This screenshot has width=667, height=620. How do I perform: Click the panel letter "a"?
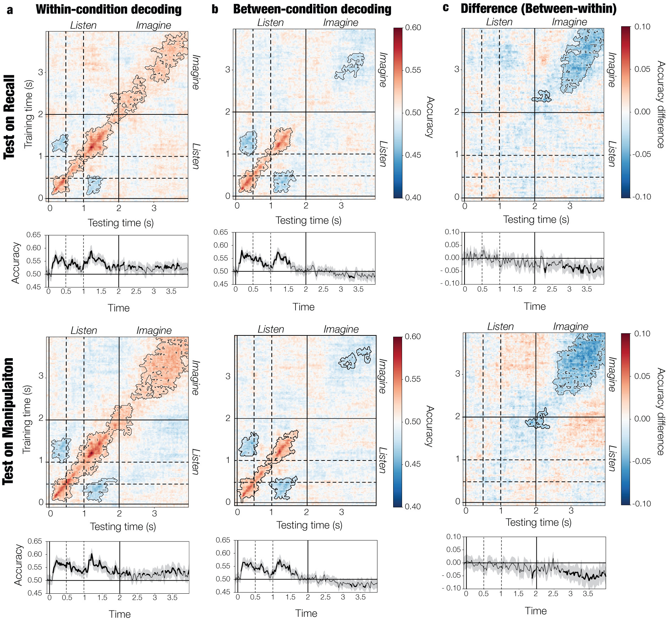click(x=10, y=10)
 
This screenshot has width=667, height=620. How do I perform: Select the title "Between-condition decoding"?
click(x=312, y=9)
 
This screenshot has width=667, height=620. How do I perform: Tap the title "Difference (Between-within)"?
click(x=538, y=9)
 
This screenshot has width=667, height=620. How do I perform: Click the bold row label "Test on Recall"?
click(x=10, y=117)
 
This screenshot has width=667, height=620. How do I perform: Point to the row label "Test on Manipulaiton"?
click(x=9, y=421)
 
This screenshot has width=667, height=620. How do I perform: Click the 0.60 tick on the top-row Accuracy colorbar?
click(x=413, y=28)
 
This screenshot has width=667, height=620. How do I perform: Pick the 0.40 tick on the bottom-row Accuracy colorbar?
click(x=413, y=506)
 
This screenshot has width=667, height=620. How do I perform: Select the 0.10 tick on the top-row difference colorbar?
click(x=642, y=27)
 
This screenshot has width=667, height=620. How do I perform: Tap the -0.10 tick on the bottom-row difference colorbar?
click(x=641, y=503)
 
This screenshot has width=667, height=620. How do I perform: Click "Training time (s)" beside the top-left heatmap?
click(x=28, y=114)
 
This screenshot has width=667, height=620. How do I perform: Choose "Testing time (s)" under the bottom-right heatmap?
click(x=538, y=522)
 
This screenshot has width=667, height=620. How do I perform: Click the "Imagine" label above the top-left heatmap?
click(x=153, y=25)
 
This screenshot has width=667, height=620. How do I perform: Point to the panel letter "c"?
click(x=446, y=8)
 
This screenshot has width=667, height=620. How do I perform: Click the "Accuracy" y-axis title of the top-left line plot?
click(x=16, y=263)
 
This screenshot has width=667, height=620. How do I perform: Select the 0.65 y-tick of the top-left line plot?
click(x=34, y=235)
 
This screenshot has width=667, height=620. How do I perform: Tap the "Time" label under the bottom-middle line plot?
click(x=306, y=613)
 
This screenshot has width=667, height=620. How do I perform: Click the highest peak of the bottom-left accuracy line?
click(x=92, y=554)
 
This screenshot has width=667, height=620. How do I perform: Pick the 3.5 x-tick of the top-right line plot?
click(x=587, y=289)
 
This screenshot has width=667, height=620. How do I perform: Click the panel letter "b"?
click(x=215, y=9)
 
